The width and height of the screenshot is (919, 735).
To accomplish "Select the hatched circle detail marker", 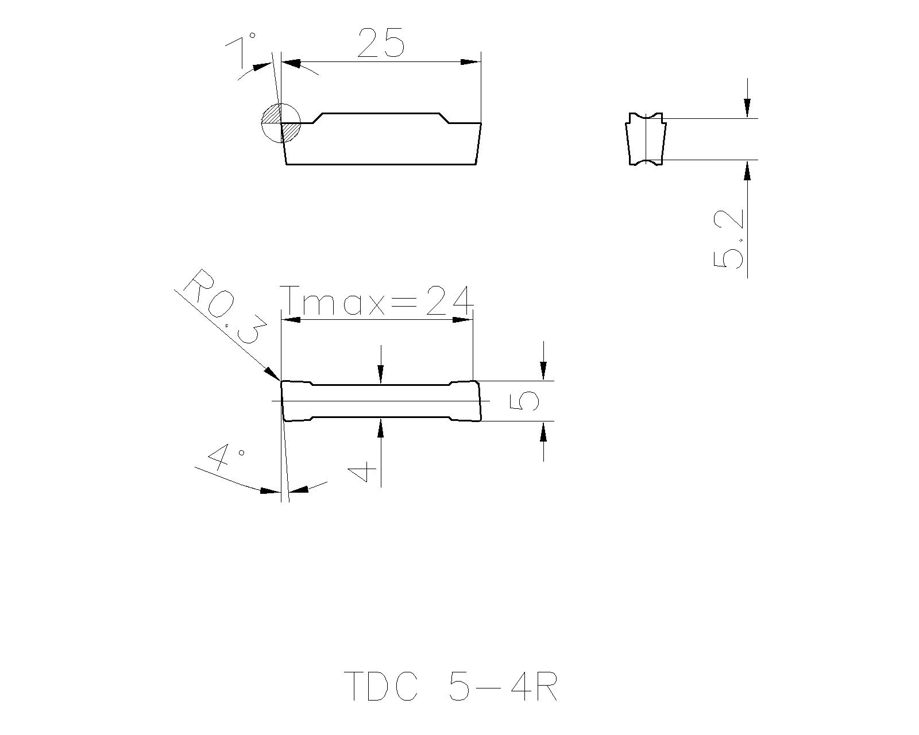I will (x=281, y=122).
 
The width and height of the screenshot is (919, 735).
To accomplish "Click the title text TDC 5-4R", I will (x=451, y=686).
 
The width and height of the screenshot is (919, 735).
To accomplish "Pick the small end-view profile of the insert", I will (x=646, y=139).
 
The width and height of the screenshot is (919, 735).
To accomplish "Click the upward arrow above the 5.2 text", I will (x=747, y=171).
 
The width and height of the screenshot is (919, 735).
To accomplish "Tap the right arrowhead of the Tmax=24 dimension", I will (x=463, y=319).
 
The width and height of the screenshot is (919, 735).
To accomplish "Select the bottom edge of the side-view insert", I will (x=381, y=164).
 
